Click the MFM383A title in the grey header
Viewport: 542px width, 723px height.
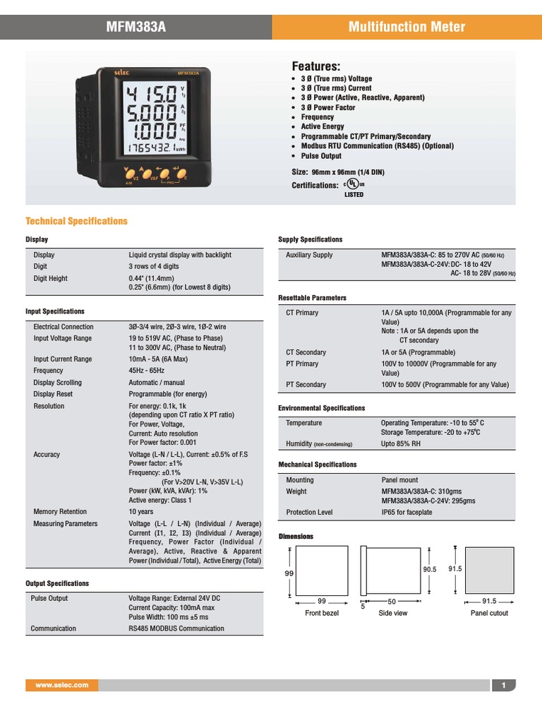136,28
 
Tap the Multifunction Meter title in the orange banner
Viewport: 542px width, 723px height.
407,28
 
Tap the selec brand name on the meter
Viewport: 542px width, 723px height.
105,72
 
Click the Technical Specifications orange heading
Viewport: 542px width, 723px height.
76,221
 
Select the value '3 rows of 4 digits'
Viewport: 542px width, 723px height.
153,267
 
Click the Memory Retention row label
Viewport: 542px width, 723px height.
60,512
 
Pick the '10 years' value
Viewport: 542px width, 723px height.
142,512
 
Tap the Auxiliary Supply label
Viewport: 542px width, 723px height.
309,255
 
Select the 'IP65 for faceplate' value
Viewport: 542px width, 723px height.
406,513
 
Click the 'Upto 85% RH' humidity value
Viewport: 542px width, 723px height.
401,444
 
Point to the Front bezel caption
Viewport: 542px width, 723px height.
322,613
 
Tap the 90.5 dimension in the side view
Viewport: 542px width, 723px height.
430,569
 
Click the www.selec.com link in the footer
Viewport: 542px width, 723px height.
62,686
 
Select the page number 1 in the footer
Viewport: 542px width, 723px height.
504,686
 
